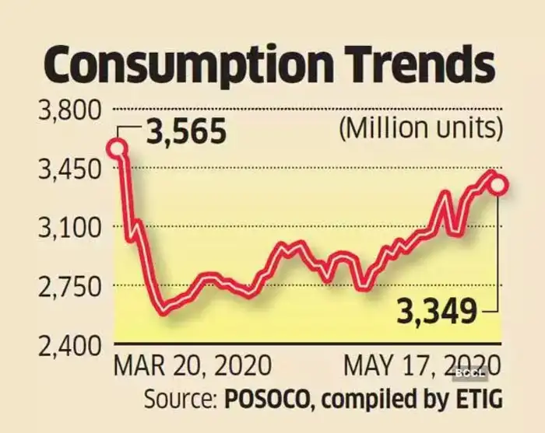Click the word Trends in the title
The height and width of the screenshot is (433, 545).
point(419,66)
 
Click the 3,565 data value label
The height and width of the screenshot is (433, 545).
point(185,131)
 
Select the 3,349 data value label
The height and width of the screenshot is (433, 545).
point(436,313)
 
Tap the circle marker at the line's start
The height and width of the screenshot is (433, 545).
point(118,148)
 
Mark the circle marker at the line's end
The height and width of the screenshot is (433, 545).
point(498,185)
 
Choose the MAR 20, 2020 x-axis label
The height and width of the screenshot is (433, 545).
point(193,365)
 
